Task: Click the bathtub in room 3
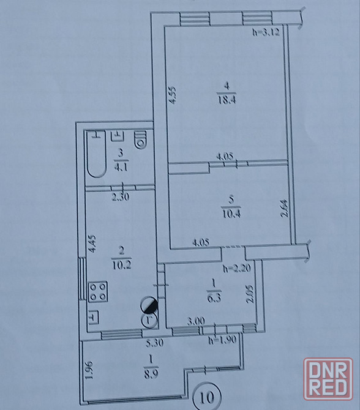click(97, 154)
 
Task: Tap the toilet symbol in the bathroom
click(141, 140)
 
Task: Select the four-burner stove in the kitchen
click(98, 292)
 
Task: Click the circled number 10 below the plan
click(207, 397)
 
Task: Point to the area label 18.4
click(227, 100)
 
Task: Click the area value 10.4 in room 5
click(231, 214)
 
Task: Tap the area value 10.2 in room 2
click(122, 265)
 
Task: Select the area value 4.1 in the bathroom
click(121, 167)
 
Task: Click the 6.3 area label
click(214, 298)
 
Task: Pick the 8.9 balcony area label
click(151, 375)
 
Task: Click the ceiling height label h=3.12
click(266, 32)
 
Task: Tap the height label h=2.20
click(237, 268)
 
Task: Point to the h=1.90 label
click(222, 340)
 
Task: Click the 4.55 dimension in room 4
click(172, 95)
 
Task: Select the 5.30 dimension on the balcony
click(155, 343)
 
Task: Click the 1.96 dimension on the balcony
click(89, 370)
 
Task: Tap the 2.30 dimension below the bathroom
click(121, 197)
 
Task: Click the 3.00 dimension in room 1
click(196, 321)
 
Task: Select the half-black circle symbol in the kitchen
click(149, 305)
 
